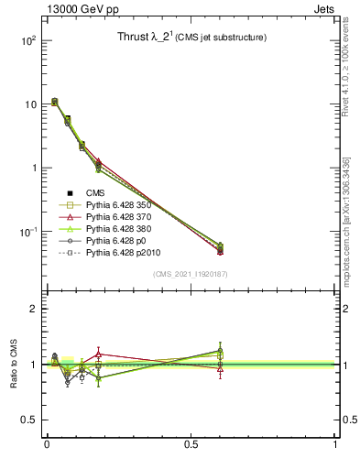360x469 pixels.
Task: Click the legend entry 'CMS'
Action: click(96, 193)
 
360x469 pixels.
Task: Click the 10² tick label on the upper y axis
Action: click(28, 41)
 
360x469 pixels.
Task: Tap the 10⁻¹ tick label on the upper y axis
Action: click(28, 232)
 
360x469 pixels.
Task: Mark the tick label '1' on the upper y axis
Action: click(32, 169)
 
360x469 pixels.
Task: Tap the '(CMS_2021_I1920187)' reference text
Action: click(191, 274)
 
